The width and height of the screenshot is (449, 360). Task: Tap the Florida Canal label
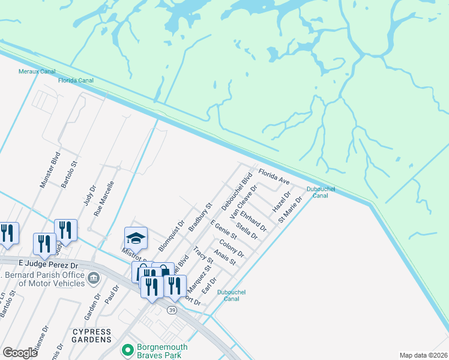[74, 81]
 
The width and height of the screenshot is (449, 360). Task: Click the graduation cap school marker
[136, 238]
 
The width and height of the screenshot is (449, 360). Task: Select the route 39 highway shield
[172, 310]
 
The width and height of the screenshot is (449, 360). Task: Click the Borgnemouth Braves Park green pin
[127, 350]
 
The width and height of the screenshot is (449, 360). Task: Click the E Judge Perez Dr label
[49, 264]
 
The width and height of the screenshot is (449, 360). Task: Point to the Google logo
[20, 353]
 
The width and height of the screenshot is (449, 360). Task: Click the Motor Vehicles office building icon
[94, 278]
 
